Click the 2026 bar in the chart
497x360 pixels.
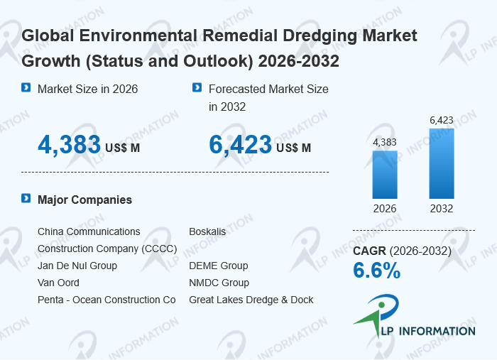[x=385, y=175]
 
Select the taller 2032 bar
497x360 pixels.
[x=441, y=163]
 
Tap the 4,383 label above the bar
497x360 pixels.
[x=385, y=142]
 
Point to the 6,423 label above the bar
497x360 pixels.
[x=441, y=120]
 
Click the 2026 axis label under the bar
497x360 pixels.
[x=385, y=209]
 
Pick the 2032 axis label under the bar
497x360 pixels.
[x=441, y=209]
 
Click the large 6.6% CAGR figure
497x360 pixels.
[x=377, y=271]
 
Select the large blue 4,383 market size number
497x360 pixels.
[x=69, y=145]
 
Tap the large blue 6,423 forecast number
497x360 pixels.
[x=240, y=145]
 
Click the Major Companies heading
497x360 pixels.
[x=84, y=200]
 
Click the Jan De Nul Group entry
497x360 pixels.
[x=77, y=266]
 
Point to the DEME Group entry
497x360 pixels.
[x=219, y=266]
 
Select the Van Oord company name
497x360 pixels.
[x=58, y=283]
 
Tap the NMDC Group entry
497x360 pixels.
[x=219, y=283]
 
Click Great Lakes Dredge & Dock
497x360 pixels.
[x=251, y=300]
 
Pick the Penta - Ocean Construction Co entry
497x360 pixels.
[x=106, y=300]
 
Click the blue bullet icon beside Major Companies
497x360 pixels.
[x=26, y=199]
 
